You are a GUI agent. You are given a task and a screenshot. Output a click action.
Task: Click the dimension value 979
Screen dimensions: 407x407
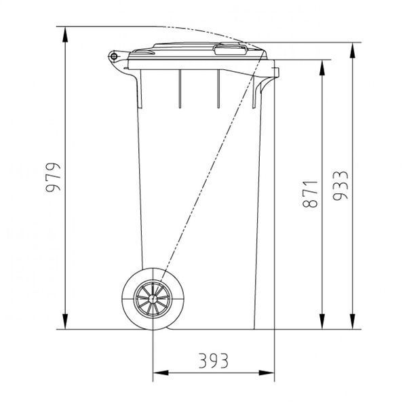click(53, 177)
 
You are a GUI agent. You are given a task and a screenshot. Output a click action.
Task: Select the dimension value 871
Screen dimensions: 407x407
click(310, 194)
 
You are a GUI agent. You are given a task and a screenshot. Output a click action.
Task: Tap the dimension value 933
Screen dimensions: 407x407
click(341, 185)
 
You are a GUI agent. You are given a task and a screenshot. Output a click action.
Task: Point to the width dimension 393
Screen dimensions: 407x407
click(214, 361)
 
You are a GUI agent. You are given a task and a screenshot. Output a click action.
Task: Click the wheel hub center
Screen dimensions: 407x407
click(153, 298)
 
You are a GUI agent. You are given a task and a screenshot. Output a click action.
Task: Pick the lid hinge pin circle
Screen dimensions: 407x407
click(114, 56)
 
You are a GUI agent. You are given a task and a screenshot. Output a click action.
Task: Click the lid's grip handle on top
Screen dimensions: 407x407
click(230, 50)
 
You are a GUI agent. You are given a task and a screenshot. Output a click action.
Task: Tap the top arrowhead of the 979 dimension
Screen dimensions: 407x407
click(65, 35)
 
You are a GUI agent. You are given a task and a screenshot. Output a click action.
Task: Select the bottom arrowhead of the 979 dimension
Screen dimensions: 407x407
click(65, 322)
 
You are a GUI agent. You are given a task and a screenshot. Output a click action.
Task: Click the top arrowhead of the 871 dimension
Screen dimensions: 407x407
click(322, 67)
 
